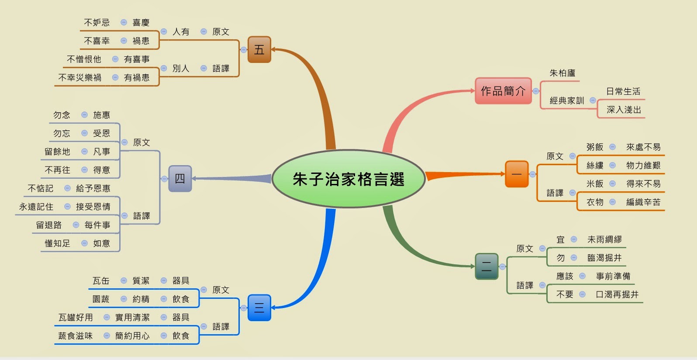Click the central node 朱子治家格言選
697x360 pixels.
(348, 179)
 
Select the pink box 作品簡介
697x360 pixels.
(503, 91)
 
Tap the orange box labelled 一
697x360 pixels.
(517, 174)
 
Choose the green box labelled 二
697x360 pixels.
(487, 266)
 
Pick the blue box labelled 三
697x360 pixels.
(259, 308)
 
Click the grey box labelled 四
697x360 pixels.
(180, 179)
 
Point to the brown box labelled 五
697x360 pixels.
(259, 49)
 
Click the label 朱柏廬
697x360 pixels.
(562, 73)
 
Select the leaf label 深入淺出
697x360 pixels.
(624, 110)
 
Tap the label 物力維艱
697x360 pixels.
(643, 165)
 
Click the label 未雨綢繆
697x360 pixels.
(604, 239)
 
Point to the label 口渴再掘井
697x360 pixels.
(617, 294)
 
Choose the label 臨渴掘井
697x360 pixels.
(604, 258)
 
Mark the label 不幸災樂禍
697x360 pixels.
(79, 77)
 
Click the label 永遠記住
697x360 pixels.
(36, 207)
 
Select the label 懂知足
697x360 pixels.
(57, 243)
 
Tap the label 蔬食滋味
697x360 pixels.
(75, 336)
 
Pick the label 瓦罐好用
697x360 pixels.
(76, 317)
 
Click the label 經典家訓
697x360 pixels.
(566, 100)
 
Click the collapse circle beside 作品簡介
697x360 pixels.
(536, 91)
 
